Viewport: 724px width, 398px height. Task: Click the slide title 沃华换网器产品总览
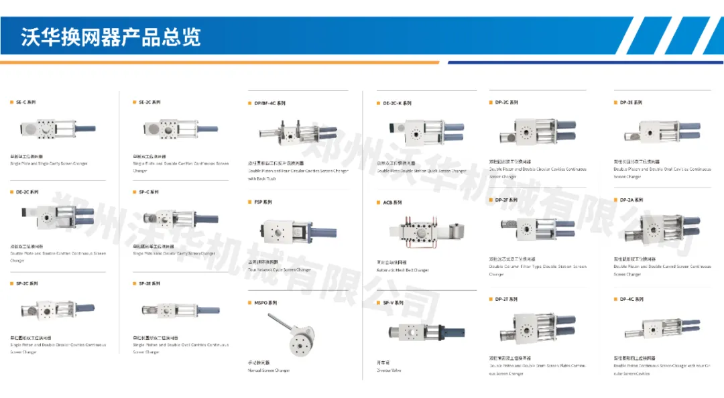[111, 36]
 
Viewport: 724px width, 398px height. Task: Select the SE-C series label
[26, 103]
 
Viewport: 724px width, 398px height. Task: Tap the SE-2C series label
[149, 103]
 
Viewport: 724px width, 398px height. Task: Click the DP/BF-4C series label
[269, 104]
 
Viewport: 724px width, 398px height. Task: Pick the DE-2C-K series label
[397, 104]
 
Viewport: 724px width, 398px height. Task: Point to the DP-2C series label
[506, 103]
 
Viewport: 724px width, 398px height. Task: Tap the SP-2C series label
[27, 283]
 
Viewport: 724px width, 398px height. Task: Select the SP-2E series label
[149, 283]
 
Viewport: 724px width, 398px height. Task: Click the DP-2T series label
[506, 299]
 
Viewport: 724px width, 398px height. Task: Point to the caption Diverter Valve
[389, 370]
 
